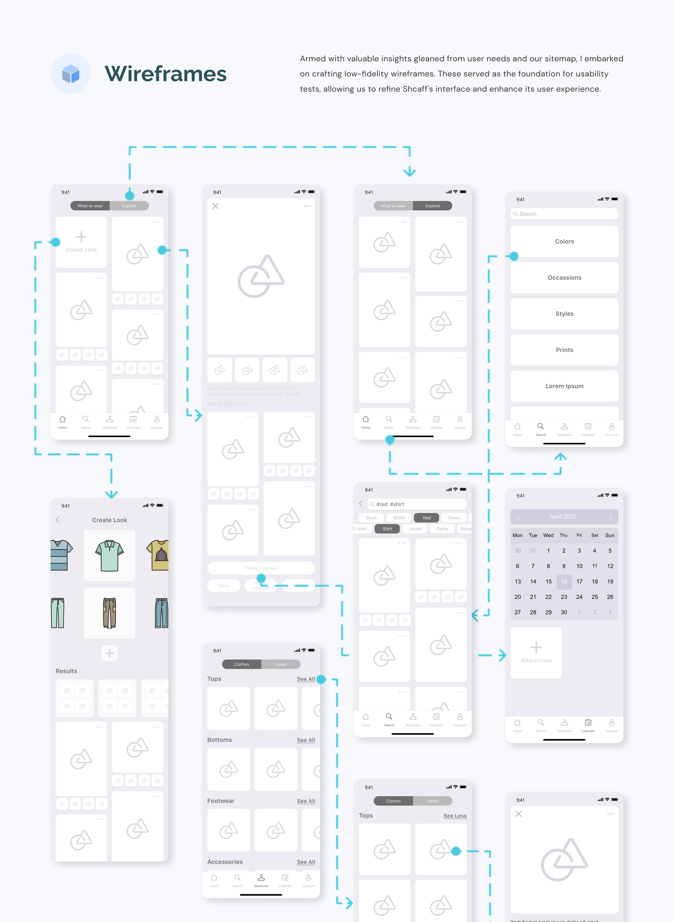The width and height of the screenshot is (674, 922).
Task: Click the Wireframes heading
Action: [165, 74]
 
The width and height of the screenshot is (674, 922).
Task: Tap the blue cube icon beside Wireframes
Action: [71, 74]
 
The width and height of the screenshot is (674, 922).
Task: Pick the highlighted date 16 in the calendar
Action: [564, 581]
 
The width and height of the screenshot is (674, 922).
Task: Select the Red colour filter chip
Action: [426, 518]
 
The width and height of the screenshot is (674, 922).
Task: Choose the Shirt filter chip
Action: [387, 529]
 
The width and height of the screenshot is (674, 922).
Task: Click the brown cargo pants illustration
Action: [109, 613]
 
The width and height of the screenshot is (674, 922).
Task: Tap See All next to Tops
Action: [306, 679]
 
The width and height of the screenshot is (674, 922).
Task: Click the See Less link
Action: [454, 815]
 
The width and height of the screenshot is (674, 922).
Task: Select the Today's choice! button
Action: [261, 568]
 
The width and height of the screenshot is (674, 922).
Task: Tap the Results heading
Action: [66, 671]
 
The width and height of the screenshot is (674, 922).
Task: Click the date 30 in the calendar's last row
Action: [564, 612]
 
